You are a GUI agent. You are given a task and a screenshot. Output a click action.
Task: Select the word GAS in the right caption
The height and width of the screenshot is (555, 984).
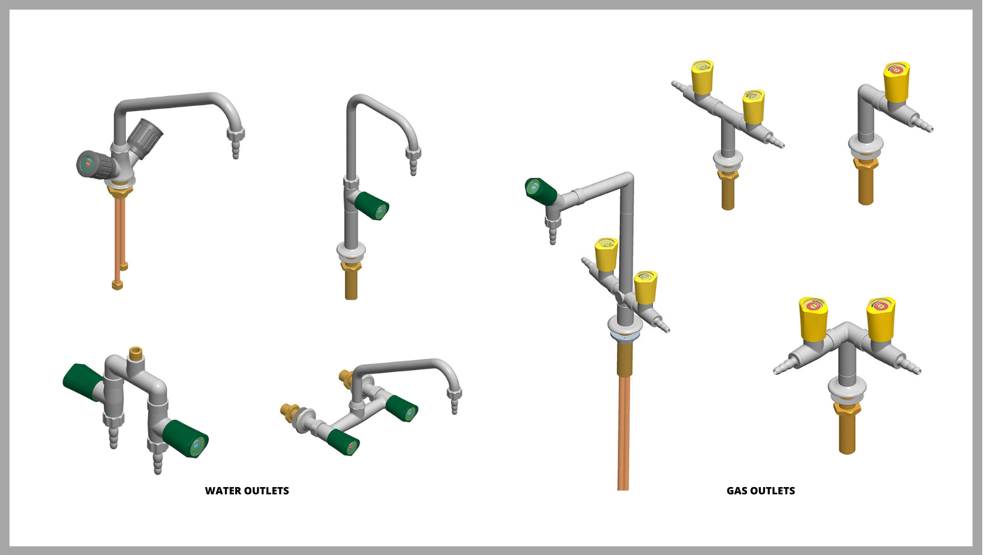tap(737, 491)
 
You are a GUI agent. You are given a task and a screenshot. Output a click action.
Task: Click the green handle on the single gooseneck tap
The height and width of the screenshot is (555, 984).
tap(373, 206)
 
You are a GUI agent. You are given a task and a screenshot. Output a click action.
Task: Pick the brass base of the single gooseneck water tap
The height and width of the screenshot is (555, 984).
tap(352, 281)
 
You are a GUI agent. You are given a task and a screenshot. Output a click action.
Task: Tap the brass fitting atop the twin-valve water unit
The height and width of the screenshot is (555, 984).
tap(136, 352)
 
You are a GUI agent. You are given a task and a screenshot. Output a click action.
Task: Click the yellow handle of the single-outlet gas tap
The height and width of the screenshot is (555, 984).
tap(896, 81)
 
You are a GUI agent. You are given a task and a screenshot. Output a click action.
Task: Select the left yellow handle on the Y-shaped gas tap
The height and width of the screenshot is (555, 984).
tap(814, 318)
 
